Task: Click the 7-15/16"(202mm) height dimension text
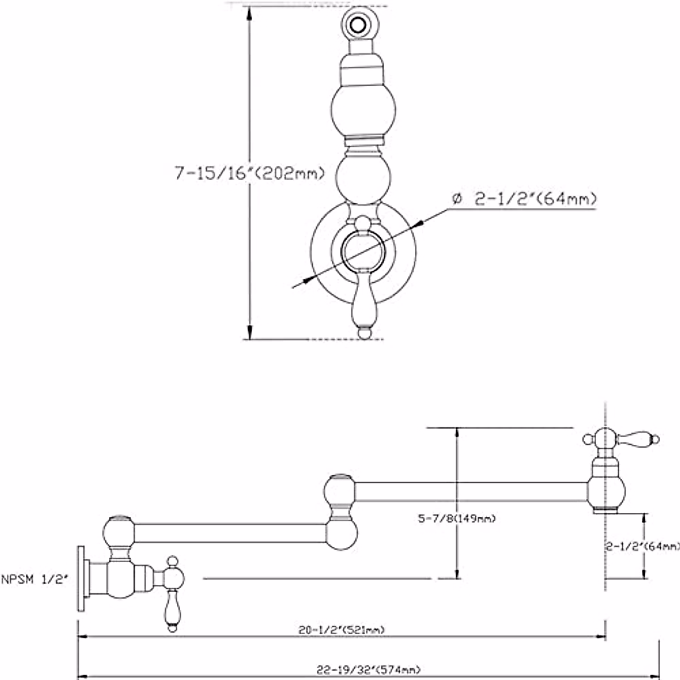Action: point(249,173)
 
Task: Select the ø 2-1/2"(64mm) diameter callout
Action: point(524,199)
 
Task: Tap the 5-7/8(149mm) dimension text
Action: point(457,518)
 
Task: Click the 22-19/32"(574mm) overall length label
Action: point(369,669)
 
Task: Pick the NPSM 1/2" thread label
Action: point(34,580)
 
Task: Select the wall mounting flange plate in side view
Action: point(81,579)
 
